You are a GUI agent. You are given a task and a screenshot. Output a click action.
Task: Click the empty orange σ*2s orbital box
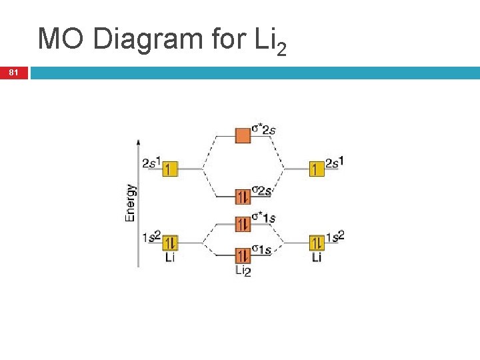pos(243,136)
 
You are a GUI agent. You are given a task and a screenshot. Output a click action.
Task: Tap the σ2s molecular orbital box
pos(243,196)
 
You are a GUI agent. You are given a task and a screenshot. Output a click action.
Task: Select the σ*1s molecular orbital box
pos(243,223)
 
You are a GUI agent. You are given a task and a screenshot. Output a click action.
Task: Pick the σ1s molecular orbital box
pos(243,255)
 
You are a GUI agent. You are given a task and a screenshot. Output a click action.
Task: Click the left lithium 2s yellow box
pos(169,169)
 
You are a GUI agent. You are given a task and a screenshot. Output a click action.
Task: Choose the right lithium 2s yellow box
pos(317,169)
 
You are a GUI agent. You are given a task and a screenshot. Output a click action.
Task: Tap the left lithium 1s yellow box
pos(169,242)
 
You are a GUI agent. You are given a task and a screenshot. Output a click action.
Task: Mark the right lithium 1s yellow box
pos(317,242)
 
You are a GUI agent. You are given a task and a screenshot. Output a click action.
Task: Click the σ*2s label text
pos(263,129)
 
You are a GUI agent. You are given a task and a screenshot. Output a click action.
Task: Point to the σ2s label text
pos(262,191)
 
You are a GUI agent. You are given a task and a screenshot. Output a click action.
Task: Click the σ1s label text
pos(261,250)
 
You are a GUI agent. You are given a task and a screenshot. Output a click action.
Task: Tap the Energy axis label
pos(131,203)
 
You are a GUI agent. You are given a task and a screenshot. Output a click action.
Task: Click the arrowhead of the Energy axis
pos(138,143)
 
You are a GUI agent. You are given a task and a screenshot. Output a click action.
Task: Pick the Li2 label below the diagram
pos(243,271)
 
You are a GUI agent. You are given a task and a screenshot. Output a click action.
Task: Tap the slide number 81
pos(14,72)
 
